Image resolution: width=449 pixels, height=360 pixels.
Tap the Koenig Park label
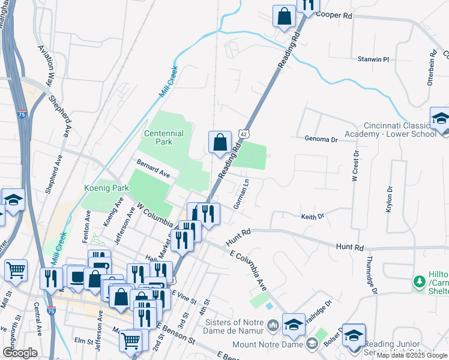coord(107,188)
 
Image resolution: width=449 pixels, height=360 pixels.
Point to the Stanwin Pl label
coord(373,59)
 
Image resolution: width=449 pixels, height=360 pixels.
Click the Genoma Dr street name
coord(321,139)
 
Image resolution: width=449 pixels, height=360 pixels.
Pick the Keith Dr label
coord(312,216)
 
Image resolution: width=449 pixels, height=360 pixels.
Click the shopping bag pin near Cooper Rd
coord(284,16)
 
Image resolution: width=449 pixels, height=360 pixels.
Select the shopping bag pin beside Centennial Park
coord(220,142)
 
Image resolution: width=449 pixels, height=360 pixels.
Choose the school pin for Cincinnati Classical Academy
coord(440,118)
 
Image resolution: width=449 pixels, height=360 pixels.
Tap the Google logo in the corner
coord(19,353)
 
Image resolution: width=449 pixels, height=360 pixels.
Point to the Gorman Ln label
coord(242,194)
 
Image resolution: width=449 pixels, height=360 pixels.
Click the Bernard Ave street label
coord(153,169)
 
